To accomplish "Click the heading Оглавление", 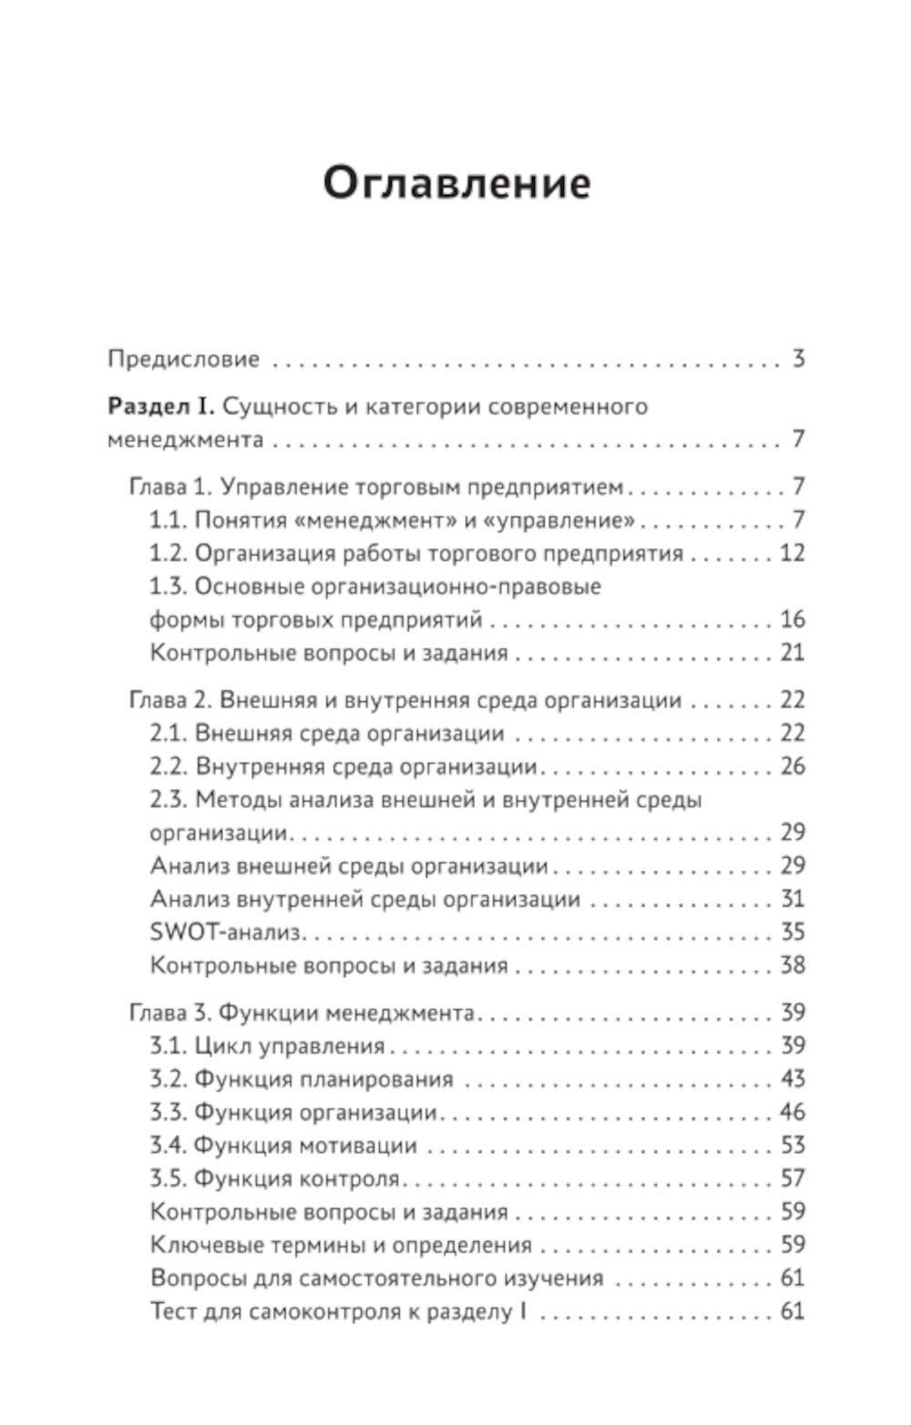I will [x=457, y=182].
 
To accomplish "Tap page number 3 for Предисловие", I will [x=798, y=359].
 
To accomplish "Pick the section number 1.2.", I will [x=169, y=554].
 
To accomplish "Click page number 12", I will [x=793, y=554].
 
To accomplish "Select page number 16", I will [x=793, y=620].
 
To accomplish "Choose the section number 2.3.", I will [x=169, y=800].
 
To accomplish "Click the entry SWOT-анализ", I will [x=226, y=932].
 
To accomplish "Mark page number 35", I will [x=793, y=932].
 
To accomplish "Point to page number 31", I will [x=793, y=900].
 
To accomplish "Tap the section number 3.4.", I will [x=169, y=1145].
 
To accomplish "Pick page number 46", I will [x=793, y=1113].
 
